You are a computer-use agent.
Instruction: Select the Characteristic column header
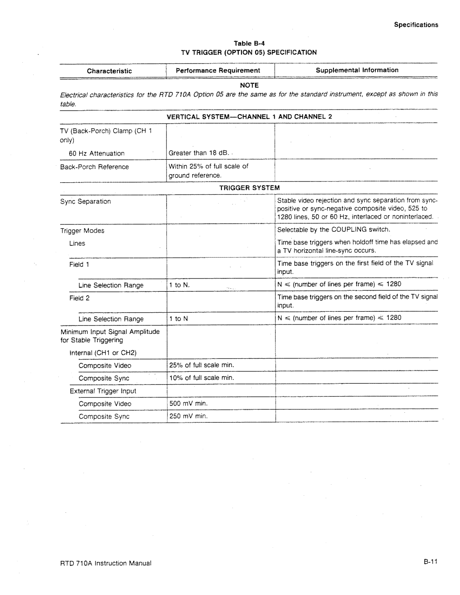tap(109, 71)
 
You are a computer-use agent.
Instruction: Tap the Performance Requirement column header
tap(218, 70)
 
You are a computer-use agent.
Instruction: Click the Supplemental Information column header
tap(357, 70)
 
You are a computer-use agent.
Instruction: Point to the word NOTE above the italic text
tap(249, 85)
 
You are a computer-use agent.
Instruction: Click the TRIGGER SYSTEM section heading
tap(249, 187)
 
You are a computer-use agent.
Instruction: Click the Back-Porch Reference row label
tap(95, 167)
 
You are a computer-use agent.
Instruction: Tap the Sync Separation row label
tap(86, 201)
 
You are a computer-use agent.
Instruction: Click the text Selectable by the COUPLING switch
tap(333, 230)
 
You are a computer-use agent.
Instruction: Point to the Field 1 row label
tap(79, 264)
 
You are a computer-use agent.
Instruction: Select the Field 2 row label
tap(79, 298)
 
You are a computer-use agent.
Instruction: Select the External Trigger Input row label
tap(103, 391)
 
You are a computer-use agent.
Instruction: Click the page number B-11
tap(431, 563)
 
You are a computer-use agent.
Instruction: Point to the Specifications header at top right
tap(416, 25)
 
